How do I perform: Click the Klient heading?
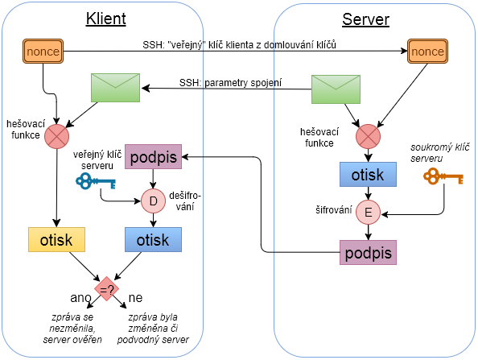point(105,19)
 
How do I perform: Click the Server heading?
point(365,19)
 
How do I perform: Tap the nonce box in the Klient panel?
point(43,52)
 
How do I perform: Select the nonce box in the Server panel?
point(427,52)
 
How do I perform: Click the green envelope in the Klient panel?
point(116,88)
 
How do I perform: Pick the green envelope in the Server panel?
point(336,89)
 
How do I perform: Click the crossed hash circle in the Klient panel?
point(56,136)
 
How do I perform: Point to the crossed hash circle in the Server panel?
point(368,136)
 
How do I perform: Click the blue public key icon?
point(96,181)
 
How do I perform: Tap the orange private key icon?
point(443,176)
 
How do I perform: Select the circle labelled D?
point(153,201)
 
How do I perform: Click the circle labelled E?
point(368,212)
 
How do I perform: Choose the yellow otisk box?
point(56,239)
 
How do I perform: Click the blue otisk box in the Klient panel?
point(153,239)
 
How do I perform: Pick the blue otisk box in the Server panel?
point(368,174)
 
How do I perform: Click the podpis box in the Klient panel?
point(153,157)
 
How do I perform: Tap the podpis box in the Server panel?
point(368,252)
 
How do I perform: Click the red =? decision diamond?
point(106,289)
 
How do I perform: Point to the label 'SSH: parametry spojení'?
point(230,83)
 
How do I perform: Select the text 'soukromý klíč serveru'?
point(439,153)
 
